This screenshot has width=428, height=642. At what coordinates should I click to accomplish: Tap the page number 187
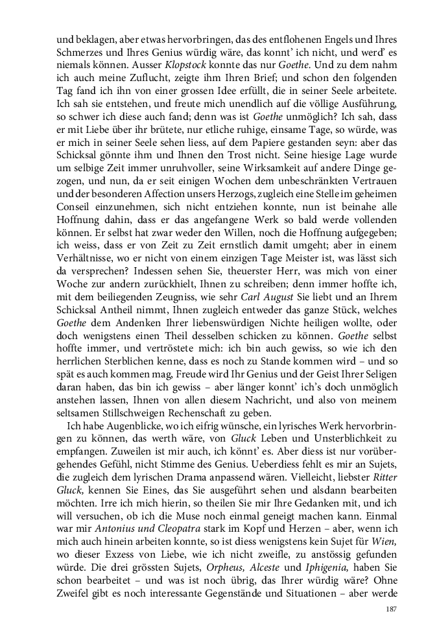coord(390,608)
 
